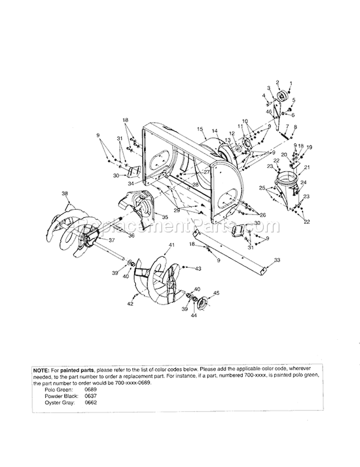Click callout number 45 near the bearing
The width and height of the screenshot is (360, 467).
[x=216, y=293]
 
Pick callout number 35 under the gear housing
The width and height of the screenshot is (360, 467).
[x=165, y=217]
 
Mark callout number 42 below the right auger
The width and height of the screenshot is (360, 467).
[x=130, y=304]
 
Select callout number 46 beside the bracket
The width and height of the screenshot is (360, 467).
[x=269, y=112]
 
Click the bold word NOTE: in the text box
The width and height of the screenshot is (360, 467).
[x=42, y=371]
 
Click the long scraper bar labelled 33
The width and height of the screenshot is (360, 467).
[x=230, y=250]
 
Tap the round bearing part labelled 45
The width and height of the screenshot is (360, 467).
[x=202, y=302]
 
